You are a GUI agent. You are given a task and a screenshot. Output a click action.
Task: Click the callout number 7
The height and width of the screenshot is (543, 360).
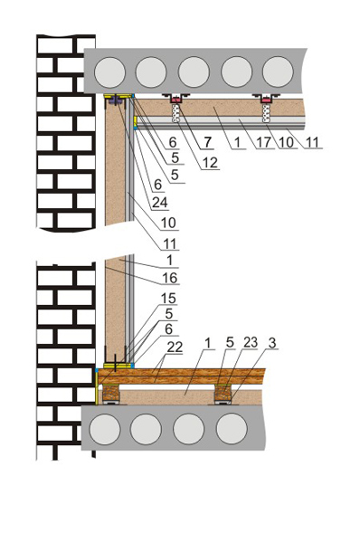(207, 142)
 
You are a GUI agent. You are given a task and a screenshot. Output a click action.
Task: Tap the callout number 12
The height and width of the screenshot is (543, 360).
(210, 162)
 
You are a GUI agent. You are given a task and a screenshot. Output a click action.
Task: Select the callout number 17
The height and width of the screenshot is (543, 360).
(264, 142)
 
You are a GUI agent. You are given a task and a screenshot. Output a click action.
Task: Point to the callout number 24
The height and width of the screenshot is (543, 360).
(160, 202)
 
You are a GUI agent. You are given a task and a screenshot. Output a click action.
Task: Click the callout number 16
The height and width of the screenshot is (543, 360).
(170, 278)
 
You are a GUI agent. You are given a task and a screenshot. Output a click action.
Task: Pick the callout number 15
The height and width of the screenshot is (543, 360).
(168, 298)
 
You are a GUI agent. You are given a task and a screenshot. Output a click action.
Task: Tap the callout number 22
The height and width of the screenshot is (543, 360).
(175, 347)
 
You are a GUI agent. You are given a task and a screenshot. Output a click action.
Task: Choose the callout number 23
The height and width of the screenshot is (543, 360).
(251, 342)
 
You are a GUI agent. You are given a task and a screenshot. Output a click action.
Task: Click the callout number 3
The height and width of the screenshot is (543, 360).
(272, 343)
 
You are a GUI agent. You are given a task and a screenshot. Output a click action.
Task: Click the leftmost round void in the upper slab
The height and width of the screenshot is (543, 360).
(109, 72)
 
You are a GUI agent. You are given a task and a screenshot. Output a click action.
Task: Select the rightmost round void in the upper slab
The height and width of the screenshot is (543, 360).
(278, 72)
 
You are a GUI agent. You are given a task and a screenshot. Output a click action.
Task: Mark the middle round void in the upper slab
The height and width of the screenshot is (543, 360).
(194, 72)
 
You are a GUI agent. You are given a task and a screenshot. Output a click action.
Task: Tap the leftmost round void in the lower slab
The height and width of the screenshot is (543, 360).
(105, 429)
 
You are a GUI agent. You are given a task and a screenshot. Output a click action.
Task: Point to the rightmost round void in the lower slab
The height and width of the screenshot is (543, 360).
(232, 429)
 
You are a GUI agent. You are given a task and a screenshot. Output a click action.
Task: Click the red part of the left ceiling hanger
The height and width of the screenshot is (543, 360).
(176, 100)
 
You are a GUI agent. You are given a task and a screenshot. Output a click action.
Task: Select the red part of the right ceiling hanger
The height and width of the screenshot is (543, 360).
(266, 100)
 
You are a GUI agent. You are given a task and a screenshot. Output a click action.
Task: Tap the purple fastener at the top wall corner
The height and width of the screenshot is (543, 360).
(115, 101)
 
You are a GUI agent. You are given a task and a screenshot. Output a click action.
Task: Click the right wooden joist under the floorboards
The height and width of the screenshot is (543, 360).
(223, 393)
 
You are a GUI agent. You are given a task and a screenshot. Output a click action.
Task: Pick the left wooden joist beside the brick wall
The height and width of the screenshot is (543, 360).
(109, 393)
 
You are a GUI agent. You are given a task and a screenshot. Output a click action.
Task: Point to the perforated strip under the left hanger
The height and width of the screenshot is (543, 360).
(176, 113)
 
